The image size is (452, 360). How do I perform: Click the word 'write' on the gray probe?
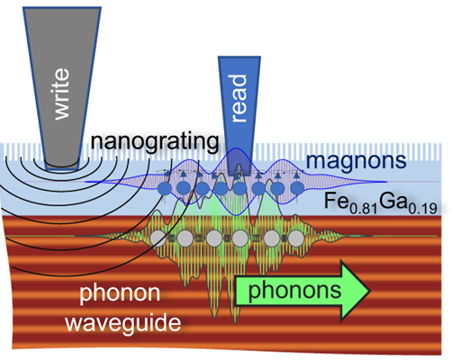coord(62,94)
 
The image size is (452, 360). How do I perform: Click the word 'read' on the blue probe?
coord(240,98)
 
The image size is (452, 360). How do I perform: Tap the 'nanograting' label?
coord(155,141)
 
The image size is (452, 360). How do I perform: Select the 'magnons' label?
coord(356,160)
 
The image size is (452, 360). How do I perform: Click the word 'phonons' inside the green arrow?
coord(294,291)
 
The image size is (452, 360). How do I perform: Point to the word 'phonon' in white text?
coord(120,293)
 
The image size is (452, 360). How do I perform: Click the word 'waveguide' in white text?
coord(123,322)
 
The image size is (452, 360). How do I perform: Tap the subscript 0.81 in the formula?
coord(363,209)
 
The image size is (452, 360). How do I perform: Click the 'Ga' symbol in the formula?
coord(393,201)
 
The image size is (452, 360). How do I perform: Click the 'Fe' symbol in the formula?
coord(337,201)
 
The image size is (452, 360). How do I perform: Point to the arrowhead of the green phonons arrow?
coord(370,291)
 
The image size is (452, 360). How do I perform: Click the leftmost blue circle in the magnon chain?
coord(165,188)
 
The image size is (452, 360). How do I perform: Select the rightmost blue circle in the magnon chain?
coord(296,188)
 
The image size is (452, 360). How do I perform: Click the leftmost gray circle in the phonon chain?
coord(158,238)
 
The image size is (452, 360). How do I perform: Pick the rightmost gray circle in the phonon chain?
coord(296,238)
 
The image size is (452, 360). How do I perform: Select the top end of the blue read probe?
coord(240,58)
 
